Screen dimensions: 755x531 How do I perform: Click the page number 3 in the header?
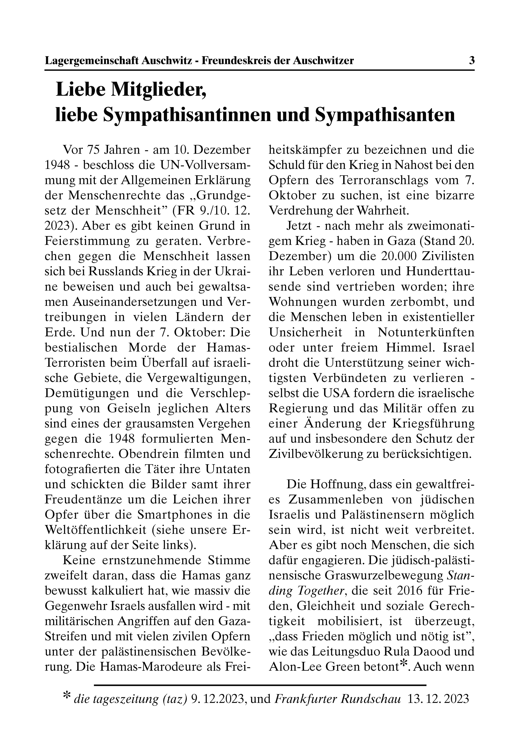[472, 61]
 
